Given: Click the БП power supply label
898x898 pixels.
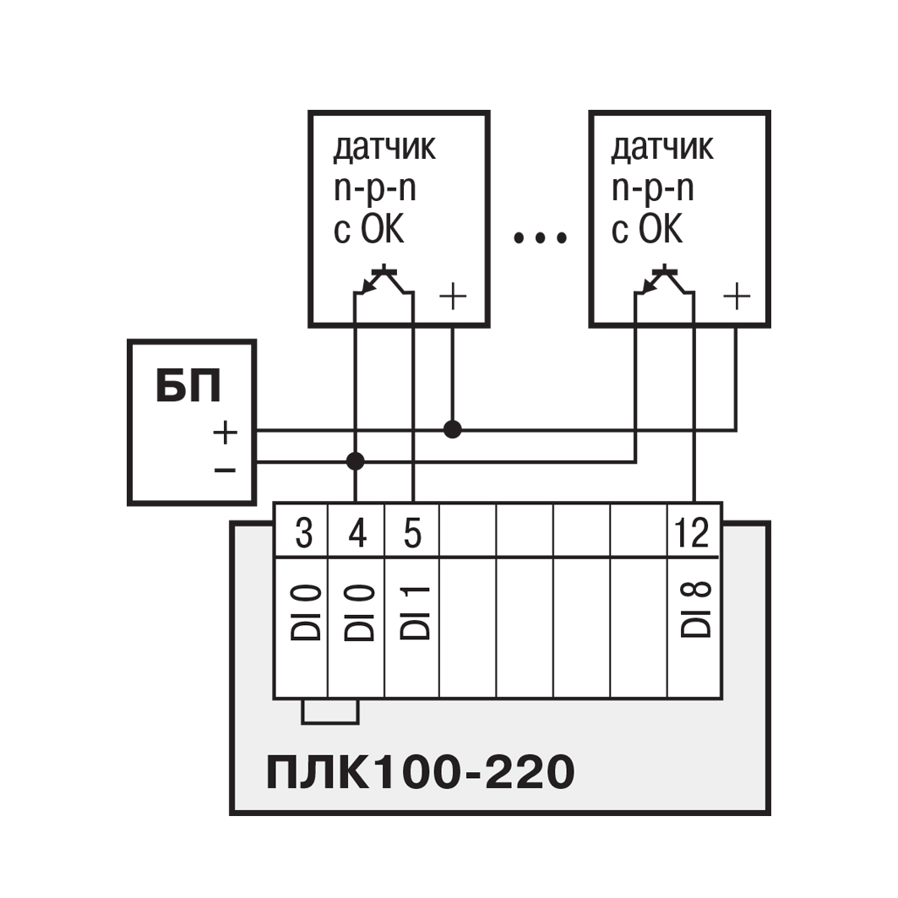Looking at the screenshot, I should click(x=188, y=386).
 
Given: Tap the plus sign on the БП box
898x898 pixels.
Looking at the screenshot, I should click(x=225, y=433).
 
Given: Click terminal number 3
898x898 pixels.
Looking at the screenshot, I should click(x=303, y=534).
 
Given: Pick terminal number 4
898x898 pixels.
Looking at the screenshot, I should click(x=357, y=534).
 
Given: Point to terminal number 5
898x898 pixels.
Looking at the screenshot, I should click(x=411, y=534).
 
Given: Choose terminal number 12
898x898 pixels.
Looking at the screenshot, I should click(x=694, y=534).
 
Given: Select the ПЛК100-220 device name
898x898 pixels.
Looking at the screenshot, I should click(x=420, y=772).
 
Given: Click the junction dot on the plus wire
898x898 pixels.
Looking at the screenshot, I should click(x=453, y=429).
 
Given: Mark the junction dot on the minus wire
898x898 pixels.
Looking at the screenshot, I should click(x=356, y=461).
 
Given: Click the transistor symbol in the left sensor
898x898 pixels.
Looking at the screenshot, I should click(x=384, y=280).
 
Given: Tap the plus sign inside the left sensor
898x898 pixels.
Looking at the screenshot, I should click(x=454, y=297).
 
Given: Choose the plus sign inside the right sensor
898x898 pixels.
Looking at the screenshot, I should click(x=737, y=297).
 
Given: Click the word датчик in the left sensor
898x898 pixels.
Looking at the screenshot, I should click(x=384, y=148).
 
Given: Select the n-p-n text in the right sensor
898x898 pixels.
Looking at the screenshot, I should click(x=652, y=189).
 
